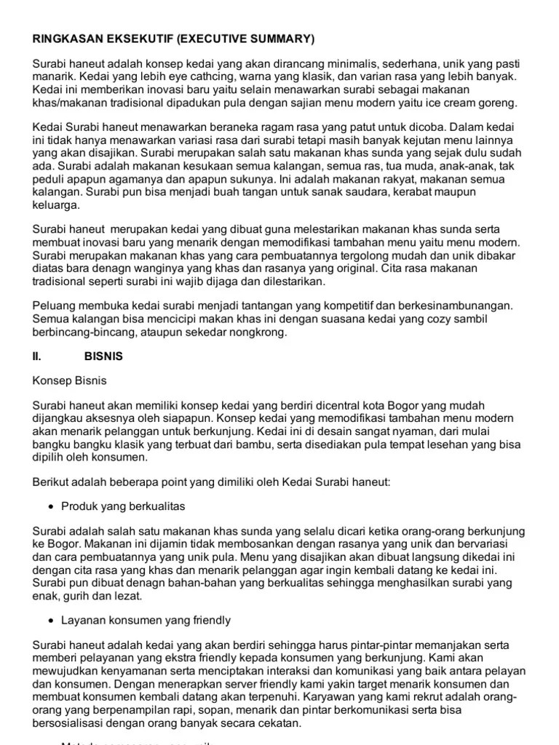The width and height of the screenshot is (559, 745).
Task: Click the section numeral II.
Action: tap(37, 357)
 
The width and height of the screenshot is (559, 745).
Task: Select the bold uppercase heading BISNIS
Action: tap(103, 357)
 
